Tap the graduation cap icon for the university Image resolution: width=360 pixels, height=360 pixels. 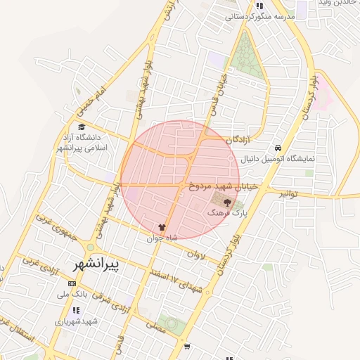(x=82, y=127)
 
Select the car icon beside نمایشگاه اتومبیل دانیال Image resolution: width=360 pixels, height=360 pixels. (x=279, y=148)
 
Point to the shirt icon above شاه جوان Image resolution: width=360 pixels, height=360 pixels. (x=163, y=228)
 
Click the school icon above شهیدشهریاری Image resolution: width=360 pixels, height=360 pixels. (x=76, y=310)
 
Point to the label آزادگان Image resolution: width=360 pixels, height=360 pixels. (x=239, y=140)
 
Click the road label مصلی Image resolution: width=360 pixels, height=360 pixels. (x=156, y=326)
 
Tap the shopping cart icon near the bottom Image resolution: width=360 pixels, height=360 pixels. (x=186, y=346)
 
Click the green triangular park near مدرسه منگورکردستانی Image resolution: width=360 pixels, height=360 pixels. (x=246, y=49)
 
